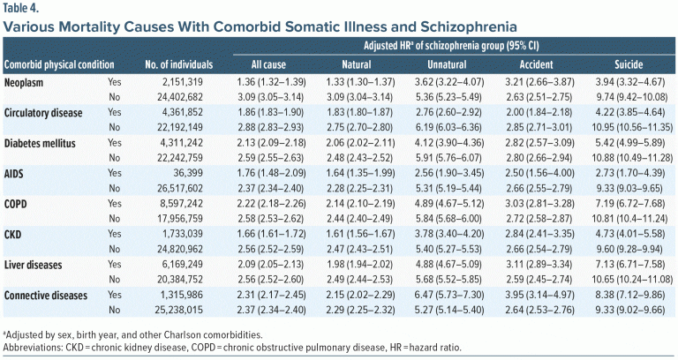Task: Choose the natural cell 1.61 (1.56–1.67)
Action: click(363, 233)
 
